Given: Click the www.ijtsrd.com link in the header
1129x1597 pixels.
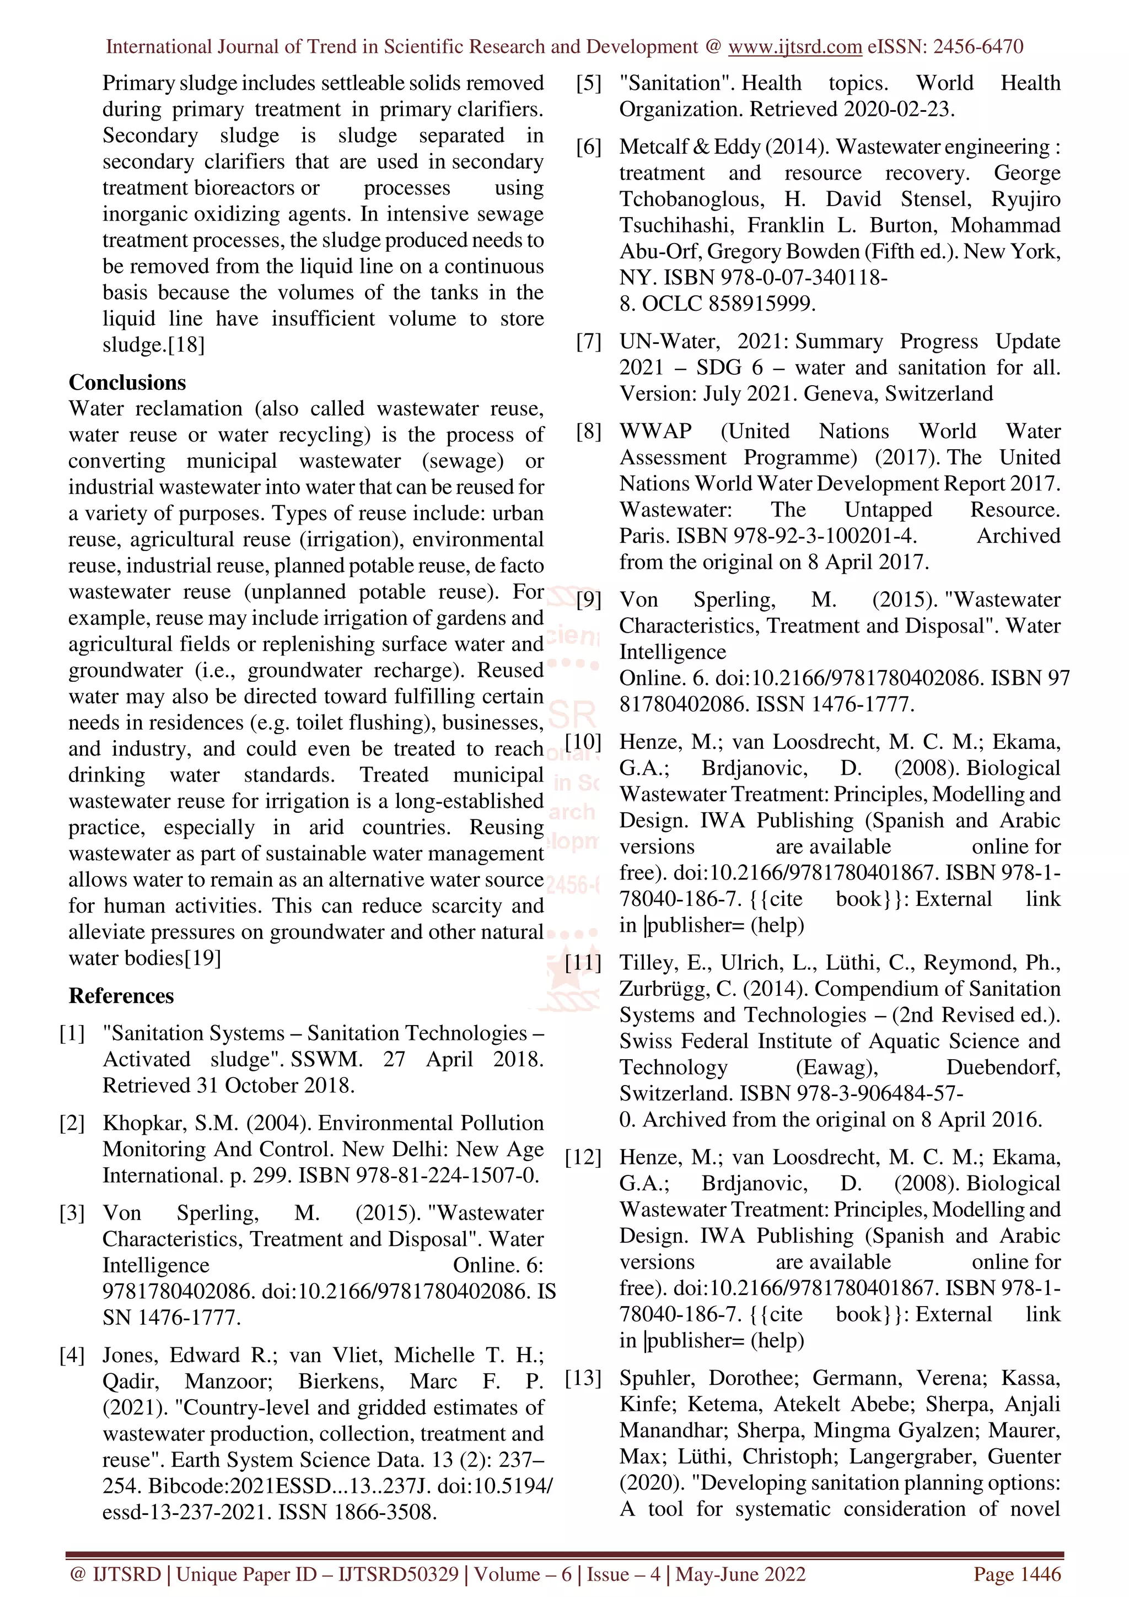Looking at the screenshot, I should click(794, 47).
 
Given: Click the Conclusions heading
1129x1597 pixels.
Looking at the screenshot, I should click(127, 382).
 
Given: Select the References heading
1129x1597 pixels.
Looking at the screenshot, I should click(121, 995).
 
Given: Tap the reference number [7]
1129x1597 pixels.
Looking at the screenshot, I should click(589, 342).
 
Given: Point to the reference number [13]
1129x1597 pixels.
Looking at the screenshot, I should click(583, 1377).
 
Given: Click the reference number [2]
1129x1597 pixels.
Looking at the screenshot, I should click(72, 1123).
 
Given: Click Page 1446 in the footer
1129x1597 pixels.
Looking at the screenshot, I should click(1017, 1574).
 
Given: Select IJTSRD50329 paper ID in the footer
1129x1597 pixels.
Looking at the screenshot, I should click(398, 1574).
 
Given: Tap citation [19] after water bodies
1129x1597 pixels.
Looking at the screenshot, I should click(202, 958).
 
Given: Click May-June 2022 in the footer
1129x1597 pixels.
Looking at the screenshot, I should click(740, 1574).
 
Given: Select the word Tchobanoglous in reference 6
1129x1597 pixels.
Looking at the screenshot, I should click(691, 199).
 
